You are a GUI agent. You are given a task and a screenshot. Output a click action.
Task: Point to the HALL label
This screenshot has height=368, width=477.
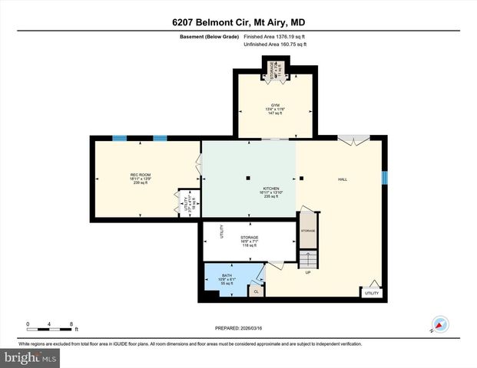pyautogui.click(x=343, y=179)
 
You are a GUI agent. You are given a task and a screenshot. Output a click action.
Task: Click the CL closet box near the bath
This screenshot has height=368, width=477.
pyautogui.click(x=255, y=291)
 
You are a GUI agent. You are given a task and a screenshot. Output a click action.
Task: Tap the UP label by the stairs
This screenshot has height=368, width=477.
pyautogui.click(x=308, y=272)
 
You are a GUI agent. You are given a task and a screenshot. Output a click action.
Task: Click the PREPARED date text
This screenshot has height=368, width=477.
pyautogui.click(x=237, y=328)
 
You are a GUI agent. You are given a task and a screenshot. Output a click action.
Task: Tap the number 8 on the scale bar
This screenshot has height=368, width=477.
pyautogui.click(x=71, y=324)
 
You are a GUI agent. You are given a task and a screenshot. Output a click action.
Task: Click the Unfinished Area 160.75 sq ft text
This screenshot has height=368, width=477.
pyautogui.click(x=275, y=44)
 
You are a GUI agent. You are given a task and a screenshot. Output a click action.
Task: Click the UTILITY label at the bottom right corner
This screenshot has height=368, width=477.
pyautogui.click(x=372, y=293)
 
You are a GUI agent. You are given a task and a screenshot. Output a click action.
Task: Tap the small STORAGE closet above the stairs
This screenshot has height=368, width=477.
pyautogui.click(x=307, y=231)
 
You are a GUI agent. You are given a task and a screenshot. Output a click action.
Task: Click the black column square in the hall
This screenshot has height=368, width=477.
pyautogui.click(x=302, y=179)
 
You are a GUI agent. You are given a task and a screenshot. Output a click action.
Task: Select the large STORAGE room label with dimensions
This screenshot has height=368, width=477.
pyautogui.click(x=249, y=241)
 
